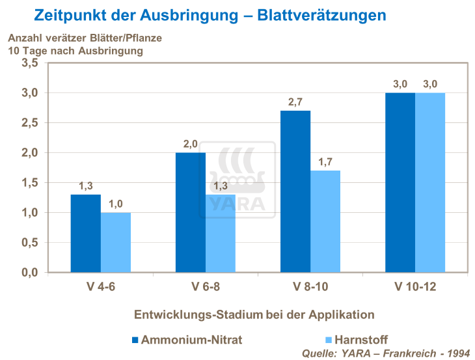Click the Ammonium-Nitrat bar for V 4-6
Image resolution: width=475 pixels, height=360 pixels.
86,233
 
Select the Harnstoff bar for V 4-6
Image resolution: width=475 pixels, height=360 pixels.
116,242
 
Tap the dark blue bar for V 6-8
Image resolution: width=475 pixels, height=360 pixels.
191,212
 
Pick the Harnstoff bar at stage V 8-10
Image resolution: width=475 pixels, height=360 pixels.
325,221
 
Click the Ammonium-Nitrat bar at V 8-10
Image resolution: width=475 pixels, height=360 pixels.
295,191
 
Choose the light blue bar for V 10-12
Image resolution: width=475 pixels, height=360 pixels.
430,182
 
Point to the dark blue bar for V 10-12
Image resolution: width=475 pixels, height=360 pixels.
400,182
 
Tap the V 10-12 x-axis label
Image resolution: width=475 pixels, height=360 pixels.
415,287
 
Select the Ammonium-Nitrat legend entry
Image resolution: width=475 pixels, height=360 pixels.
182,339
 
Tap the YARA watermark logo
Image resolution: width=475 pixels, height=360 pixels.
238,182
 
